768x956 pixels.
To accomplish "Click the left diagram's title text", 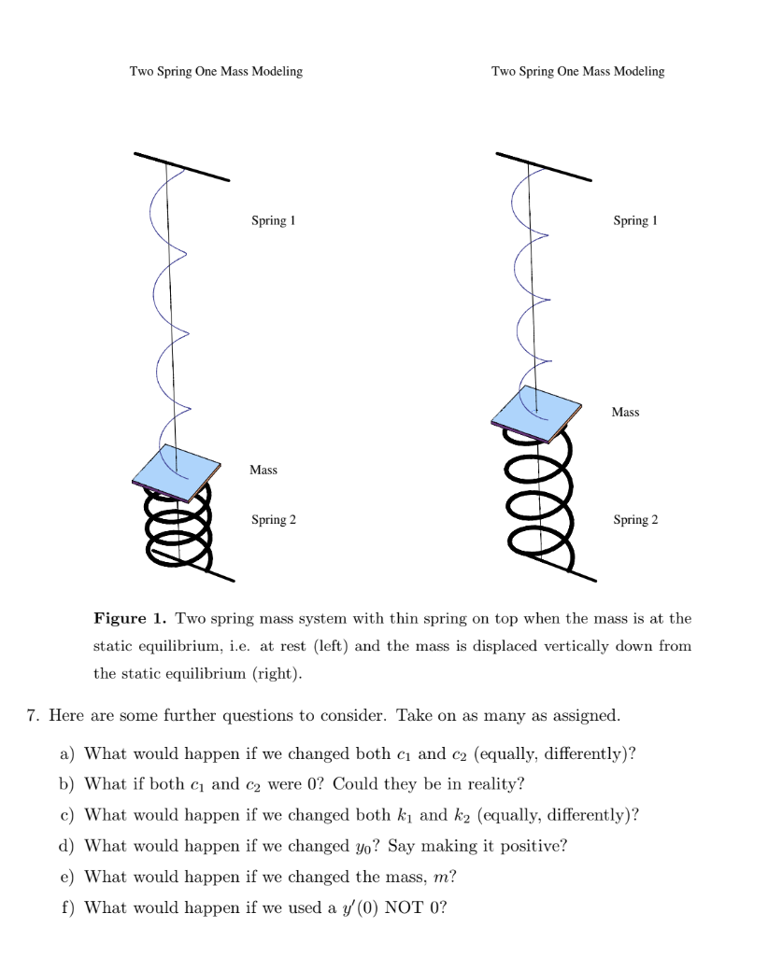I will tap(215, 72).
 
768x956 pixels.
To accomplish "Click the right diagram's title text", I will tap(577, 72).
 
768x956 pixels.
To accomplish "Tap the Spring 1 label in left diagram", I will tap(273, 221).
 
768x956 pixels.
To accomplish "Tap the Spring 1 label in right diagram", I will tap(635, 221).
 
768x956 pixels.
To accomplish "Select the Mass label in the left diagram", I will tap(263, 470).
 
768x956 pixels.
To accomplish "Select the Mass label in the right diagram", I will tap(625, 412).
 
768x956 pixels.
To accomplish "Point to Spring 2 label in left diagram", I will tap(273, 520).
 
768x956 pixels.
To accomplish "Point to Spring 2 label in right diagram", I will tap(635, 520).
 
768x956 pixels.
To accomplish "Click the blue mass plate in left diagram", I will tap(176, 471).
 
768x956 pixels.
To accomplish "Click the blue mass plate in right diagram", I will tap(536, 411).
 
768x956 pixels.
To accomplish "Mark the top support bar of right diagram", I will tap(544, 166).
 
